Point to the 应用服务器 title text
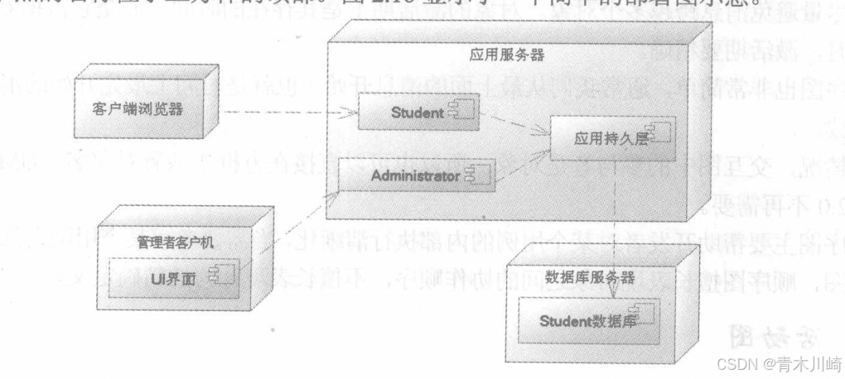pos(513,55)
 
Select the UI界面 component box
pos(174,277)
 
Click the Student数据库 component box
pos(590,319)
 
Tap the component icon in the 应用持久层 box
pos(659,133)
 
